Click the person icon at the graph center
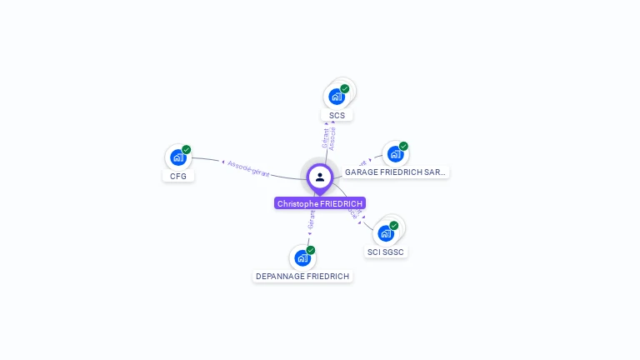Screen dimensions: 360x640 [x=320, y=177]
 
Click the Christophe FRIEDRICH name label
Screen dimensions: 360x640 [x=320, y=203]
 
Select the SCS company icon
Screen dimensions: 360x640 [x=337, y=97]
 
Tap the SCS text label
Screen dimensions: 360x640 [x=337, y=116]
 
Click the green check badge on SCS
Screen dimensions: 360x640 [x=345, y=89]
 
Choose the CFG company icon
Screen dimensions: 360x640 [x=177, y=157]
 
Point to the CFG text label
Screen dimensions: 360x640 [x=178, y=177]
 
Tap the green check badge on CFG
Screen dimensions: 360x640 [x=187, y=150]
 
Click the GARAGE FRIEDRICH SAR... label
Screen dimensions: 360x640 [x=395, y=172]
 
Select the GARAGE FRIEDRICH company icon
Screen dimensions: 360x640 [x=395, y=154]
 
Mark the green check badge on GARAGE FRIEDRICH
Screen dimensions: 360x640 [x=403, y=147]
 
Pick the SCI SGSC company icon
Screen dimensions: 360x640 [x=385, y=233]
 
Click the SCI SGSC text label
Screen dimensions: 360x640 [x=387, y=252]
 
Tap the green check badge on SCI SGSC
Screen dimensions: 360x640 [x=394, y=226]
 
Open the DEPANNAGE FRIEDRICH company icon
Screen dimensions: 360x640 [x=302, y=257]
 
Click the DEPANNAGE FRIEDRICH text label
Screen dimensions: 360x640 [x=302, y=276]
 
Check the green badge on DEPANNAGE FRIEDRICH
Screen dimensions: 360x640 [x=311, y=250]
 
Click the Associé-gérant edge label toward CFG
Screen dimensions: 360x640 [x=248, y=168]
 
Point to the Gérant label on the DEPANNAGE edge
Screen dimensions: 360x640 [x=312, y=219]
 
